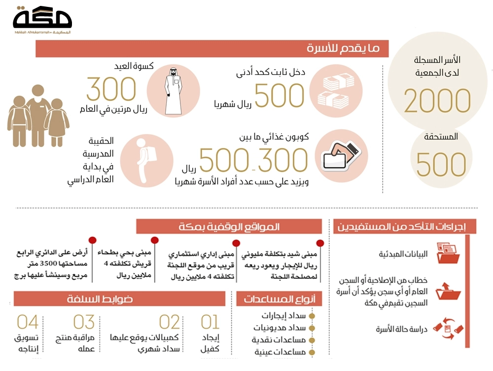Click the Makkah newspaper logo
(x=42, y=20)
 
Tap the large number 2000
(x=437, y=101)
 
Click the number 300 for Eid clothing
(x=111, y=89)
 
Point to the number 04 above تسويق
(x=28, y=322)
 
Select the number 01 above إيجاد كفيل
(x=210, y=322)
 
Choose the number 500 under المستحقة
(x=441, y=164)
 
